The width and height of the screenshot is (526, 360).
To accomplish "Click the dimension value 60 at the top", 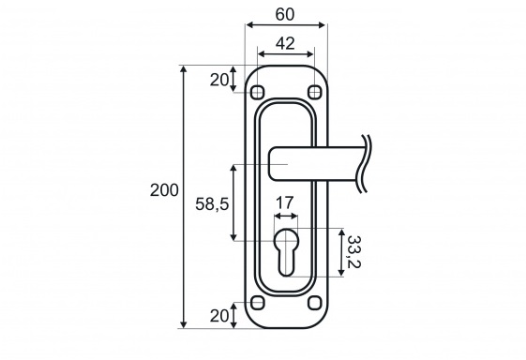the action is (x=285, y=14).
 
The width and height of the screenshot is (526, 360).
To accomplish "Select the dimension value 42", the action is (x=285, y=44).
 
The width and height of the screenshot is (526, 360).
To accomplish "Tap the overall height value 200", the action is (x=164, y=190).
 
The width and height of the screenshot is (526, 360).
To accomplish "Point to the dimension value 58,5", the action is (x=212, y=203).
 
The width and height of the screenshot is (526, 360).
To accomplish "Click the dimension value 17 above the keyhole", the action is (x=284, y=202).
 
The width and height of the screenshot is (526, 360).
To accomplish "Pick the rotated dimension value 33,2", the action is (x=353, y=251).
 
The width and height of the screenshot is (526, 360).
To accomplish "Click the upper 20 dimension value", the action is (x=219, y=80).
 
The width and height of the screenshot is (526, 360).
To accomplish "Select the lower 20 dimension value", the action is (x=219, y=316).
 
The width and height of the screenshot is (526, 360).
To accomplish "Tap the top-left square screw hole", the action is (x=257, y=92).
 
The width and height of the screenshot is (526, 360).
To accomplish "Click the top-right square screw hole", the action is (x=315, y=92).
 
